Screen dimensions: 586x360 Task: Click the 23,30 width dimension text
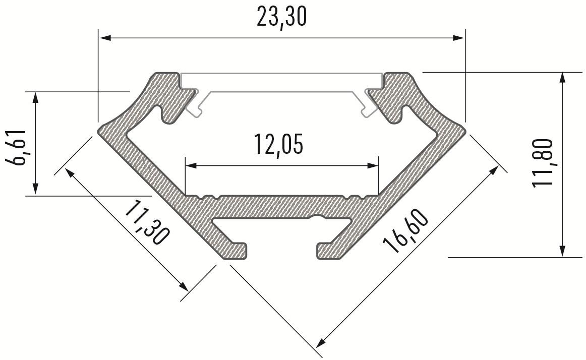pos(281,17)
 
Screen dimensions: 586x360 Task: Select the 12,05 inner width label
pos(278,144)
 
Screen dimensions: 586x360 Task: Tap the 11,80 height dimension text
pos(542,163)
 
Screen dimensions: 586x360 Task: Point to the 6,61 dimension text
pos(16,148)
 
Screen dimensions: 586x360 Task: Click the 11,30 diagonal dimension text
pos(146,222)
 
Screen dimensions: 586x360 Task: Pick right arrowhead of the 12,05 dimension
pos(373,165)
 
